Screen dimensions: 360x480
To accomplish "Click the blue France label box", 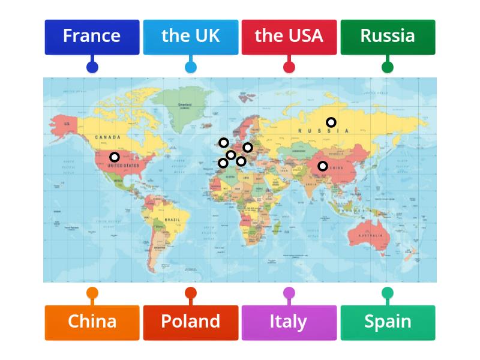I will click(x=92, y=37).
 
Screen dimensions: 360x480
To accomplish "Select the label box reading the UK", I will click(x=190, y=37).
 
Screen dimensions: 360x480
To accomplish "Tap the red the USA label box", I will click(x=289, y=37).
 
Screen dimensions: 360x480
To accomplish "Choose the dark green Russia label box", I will click(x=388, y=37).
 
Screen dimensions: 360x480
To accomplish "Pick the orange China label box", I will click(x=92, y=322).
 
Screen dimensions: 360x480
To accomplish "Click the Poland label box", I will click(x=190, y=322).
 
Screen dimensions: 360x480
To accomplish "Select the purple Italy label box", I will click(x=289, y=322).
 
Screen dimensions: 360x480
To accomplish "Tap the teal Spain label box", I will click(x=388, y=322).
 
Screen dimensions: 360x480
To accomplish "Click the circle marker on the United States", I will click(x=114, y=157).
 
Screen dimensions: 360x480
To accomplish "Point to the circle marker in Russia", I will click(x=331, y=122).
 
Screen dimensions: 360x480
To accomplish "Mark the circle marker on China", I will click(x=323, y=166).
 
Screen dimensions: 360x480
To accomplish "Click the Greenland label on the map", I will click(x=185, y=104).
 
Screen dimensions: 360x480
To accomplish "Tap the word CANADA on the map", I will click(x=107, y=137).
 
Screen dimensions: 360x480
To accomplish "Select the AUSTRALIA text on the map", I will click(x=371, y=235).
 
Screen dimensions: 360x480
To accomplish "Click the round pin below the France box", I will click(x=92, y=67).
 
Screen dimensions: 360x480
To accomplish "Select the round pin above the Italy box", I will click(x=289, y=293).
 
